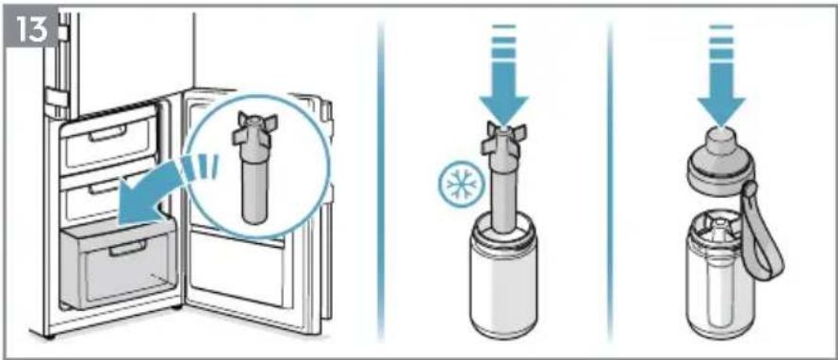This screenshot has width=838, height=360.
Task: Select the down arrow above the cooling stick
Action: tap(503, 74)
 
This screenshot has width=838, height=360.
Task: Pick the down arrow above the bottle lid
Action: tap(721, 74)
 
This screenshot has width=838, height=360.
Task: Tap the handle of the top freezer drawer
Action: tap(107, 133)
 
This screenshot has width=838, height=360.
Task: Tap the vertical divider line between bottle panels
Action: tap(610, 182)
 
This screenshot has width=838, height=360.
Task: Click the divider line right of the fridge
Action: tap(381, 182)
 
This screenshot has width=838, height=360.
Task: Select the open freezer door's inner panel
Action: tap(251, 214)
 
